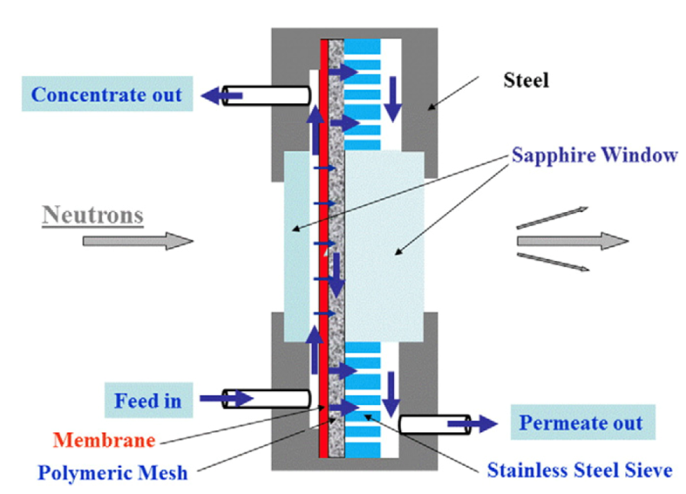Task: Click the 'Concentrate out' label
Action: [107, 95]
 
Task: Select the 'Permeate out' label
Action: [581, 423]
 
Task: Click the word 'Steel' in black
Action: [525, 80]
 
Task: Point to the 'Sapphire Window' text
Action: [595, 156]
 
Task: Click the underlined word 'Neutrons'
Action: [93, 215]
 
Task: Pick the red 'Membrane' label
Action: [104, 441]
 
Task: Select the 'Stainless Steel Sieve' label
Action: [579, 470]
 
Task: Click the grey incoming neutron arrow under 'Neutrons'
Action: [137, 241]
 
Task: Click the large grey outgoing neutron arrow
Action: [572, 241]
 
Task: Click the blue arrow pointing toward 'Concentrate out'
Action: [222, 95]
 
